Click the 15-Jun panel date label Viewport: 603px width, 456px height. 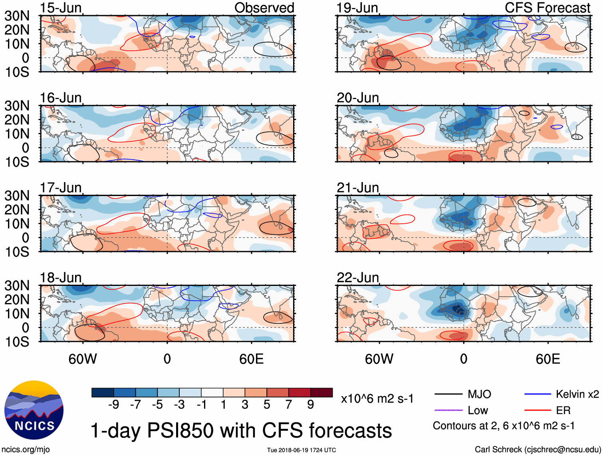[61, 8]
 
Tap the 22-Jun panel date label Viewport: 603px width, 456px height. [357, 278]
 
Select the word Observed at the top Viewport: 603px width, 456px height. [264, 8]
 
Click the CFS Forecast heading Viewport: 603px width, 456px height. [547, 8]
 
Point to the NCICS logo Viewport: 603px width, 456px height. [34, 410]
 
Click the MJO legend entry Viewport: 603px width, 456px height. [479, 395]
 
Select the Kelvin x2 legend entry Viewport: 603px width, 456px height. [577, 395]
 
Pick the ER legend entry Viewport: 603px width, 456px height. [563, 410]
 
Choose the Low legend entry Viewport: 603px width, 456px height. [478, 410]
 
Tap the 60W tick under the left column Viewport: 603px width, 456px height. [83, 359]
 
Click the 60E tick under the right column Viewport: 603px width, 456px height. [548, 359]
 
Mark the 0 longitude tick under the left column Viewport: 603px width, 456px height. [167, 359]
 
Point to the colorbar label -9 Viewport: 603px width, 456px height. [114, 405]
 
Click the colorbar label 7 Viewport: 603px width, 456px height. [289, 405]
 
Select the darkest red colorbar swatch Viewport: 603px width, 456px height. [321, 393]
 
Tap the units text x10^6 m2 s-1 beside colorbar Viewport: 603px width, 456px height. [377, 399]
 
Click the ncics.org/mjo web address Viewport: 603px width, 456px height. [26, 449]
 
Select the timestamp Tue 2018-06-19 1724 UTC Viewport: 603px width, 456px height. [301, 450]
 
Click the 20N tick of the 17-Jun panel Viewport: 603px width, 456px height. [17, 210]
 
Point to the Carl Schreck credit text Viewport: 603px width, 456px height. [538, 449]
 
